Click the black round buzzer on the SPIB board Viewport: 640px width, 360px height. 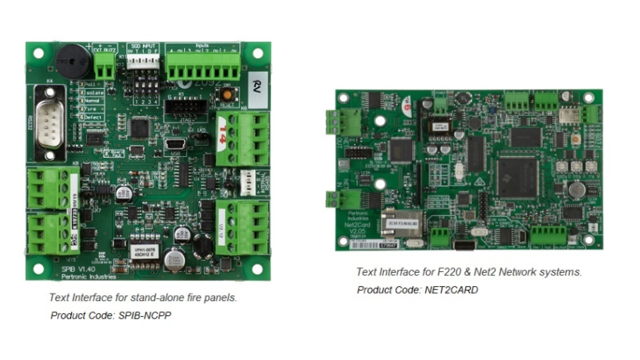pos(73,61)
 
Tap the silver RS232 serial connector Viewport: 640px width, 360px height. pos(50,122)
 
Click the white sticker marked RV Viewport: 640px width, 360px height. pos(257,89)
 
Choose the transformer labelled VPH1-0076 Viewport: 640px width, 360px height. pos(145,252)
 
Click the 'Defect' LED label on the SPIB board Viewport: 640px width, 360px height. pos(93,118)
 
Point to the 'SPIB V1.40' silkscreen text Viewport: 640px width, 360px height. pos(78,269)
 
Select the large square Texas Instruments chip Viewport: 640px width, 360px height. pos(518,176)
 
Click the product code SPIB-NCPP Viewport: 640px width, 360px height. pos(144,316)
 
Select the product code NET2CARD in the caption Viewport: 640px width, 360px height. pos(451,290)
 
